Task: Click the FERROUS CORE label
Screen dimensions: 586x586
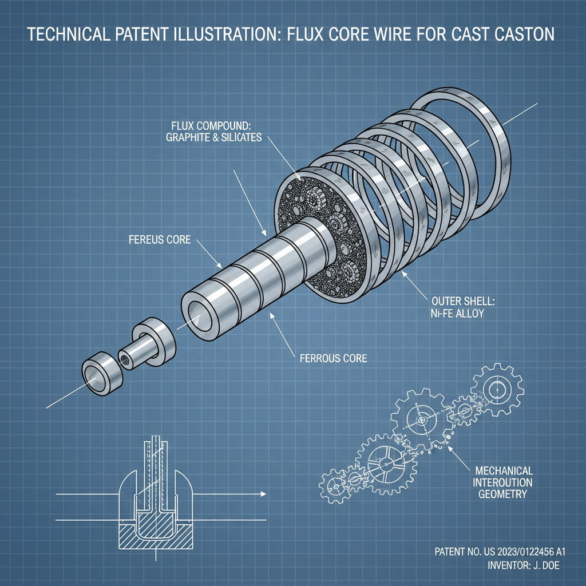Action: (x=333, y=358)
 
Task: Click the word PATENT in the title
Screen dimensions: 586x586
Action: (x=145, y=34)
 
